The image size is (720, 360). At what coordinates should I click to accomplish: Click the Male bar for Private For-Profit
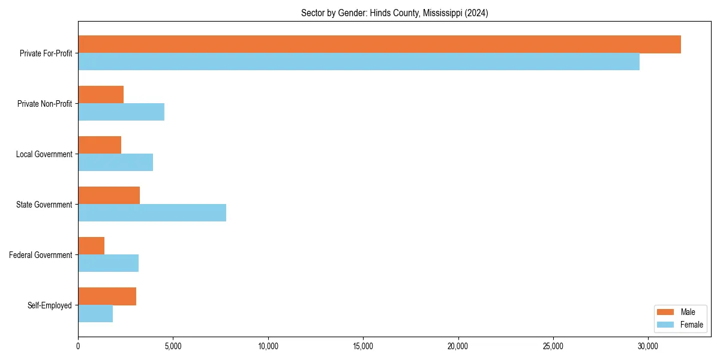pos(379,44)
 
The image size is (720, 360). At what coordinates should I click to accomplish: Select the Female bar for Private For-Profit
pos(359,62)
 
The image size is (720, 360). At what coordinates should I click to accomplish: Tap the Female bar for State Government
pos(152,213)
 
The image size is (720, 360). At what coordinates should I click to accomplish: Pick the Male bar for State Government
pos(109,196)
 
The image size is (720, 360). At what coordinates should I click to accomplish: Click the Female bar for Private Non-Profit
pos(121,112)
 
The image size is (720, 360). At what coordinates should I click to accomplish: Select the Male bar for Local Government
pos(100,145)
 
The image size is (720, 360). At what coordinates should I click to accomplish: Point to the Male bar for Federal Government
pos(91,246)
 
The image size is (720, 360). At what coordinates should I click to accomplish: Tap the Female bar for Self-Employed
pos(95,314)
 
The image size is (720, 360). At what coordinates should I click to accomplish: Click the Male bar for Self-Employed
pos(107,296)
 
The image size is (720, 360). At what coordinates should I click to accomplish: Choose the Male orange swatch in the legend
pos(666,312)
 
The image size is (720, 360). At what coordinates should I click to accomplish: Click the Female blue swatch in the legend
pos(666,325)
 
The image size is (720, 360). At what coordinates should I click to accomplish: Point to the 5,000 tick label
pos(173,347)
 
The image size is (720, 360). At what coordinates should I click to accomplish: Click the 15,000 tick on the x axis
pos(363,347)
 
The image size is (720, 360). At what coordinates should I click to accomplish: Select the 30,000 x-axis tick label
pos(648,347)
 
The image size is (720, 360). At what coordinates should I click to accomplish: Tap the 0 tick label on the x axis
pos(78,347)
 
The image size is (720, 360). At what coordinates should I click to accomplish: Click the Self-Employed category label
pos(50,305)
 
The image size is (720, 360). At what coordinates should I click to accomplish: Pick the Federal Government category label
pos(41,255)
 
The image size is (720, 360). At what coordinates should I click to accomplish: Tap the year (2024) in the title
pos(478,13)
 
